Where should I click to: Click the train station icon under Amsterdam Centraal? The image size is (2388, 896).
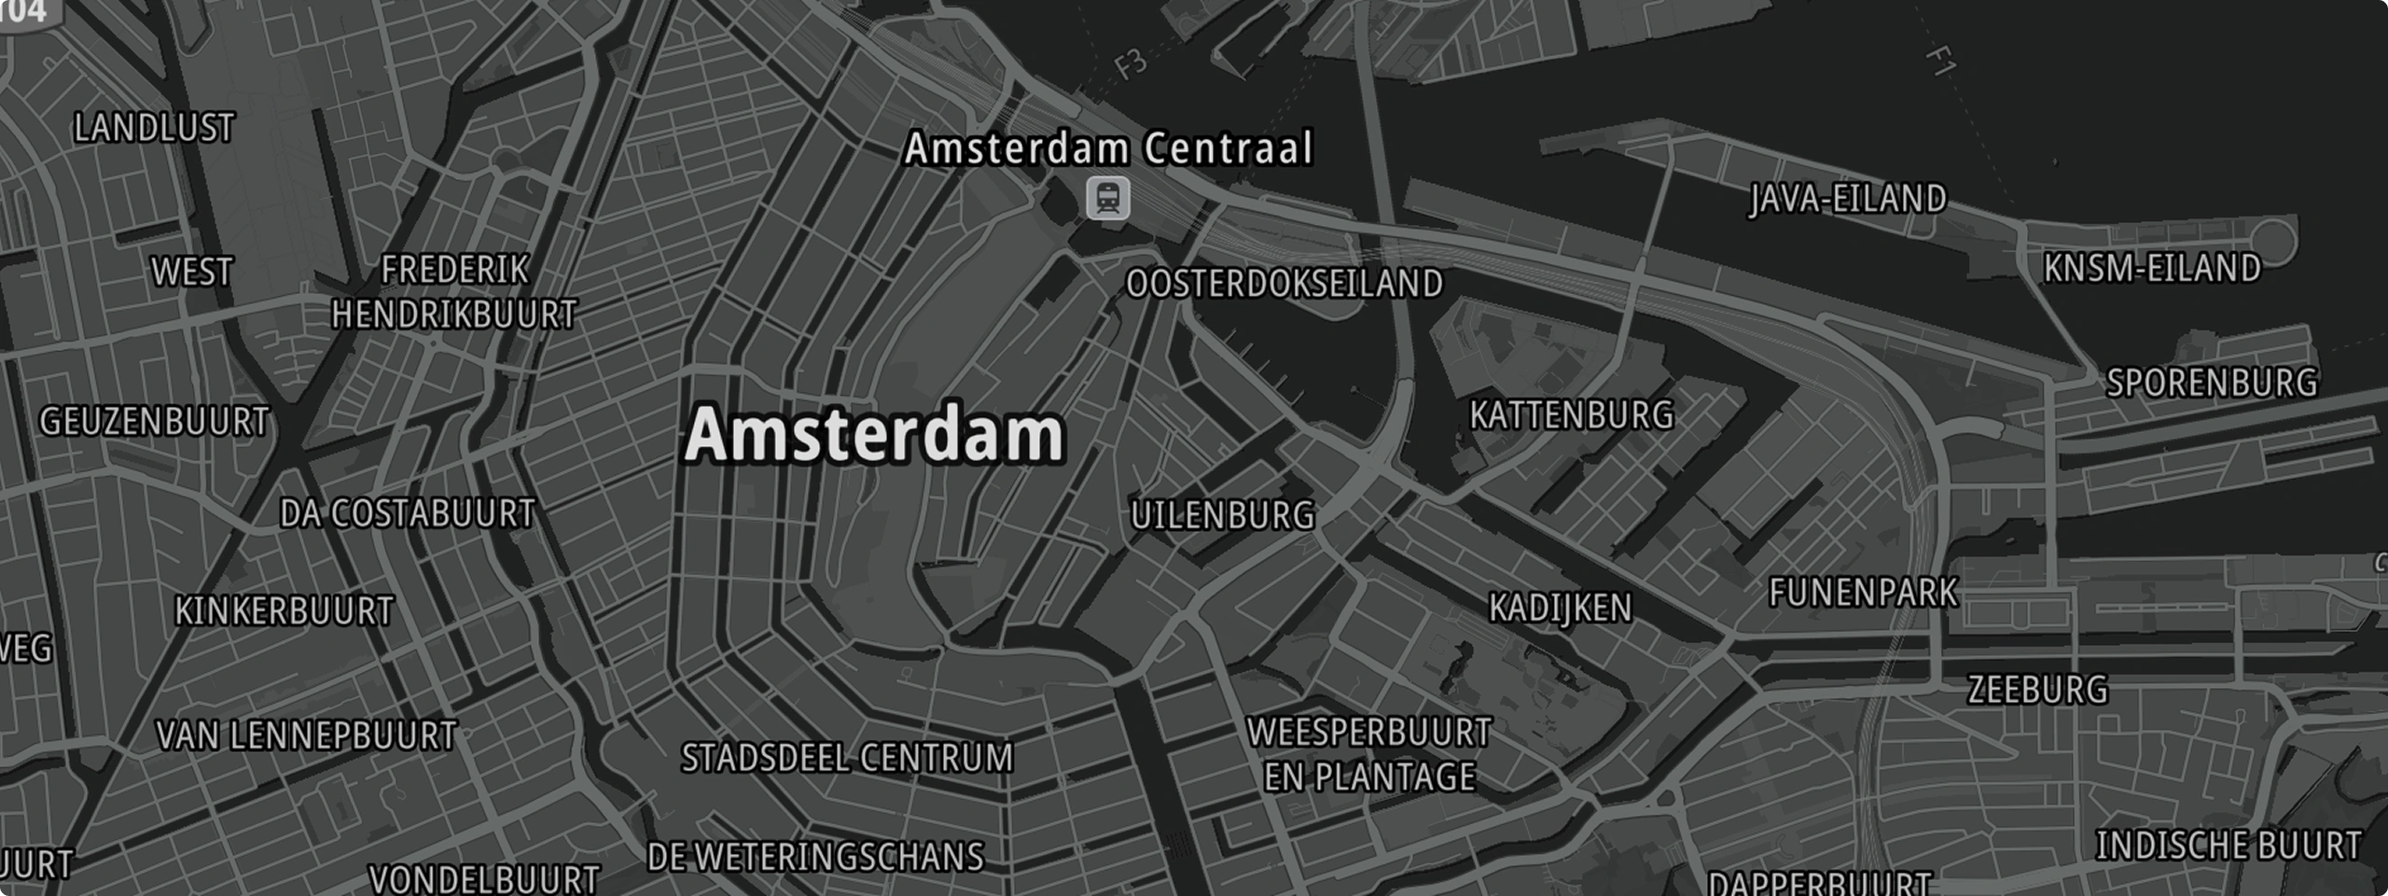tap(1107, 199)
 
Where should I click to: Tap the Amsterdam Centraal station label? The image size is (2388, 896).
tap(1108, 148)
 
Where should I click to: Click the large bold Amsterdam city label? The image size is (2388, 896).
tap(874, 435)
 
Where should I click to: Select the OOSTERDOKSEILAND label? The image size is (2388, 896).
tap(1284, 284)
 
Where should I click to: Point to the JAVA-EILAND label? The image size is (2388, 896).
tap(1848, 199)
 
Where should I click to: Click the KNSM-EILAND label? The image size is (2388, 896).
tap(2152, 269)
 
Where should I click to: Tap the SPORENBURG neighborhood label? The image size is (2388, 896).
tap(2212, 383)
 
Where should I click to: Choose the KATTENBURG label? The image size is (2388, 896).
tap(1572, 415)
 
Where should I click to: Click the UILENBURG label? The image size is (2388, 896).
tap(1222, 515)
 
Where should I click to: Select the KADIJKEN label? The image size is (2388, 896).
tap(1560, 609)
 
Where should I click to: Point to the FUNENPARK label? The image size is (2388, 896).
tap(1863, 593)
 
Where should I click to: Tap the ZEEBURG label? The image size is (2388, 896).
tap(2037, 690)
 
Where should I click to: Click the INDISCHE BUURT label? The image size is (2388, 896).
tap(2228, 846)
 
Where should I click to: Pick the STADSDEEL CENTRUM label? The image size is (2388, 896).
tap(847, 758)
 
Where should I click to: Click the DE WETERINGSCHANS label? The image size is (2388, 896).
tap(815, 857)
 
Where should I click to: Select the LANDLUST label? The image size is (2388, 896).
tap(154, 128)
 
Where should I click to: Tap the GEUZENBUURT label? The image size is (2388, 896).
tap(154, 422)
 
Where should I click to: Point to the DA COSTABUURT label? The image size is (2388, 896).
tap(408, 513)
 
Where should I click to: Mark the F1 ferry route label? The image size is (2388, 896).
tap(1941, 62)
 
